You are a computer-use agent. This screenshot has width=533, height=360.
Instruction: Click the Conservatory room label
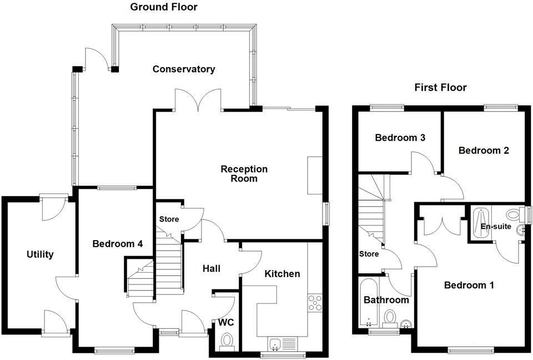184,69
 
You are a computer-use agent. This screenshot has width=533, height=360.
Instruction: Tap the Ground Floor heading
163,7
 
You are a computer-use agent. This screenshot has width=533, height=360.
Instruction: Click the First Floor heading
440,87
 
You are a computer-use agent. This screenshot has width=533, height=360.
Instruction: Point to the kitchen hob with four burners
315,303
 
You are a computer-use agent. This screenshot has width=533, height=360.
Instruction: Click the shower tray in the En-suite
481,224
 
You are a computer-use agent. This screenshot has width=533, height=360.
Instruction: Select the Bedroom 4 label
118,243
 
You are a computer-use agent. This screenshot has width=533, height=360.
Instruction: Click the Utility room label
40,254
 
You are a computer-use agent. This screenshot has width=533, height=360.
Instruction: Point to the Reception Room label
244,173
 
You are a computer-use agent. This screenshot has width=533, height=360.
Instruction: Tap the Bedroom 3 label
400,137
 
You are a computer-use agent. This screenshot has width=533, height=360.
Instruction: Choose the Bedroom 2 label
483,150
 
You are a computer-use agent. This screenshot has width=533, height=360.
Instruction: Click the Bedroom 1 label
469,285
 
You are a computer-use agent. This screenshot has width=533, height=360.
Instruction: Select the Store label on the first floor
369,254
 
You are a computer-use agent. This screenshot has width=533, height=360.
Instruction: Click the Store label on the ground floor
169,219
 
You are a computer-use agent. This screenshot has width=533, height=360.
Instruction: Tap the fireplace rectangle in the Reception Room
315,175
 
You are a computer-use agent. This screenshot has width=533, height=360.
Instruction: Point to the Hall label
212,268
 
